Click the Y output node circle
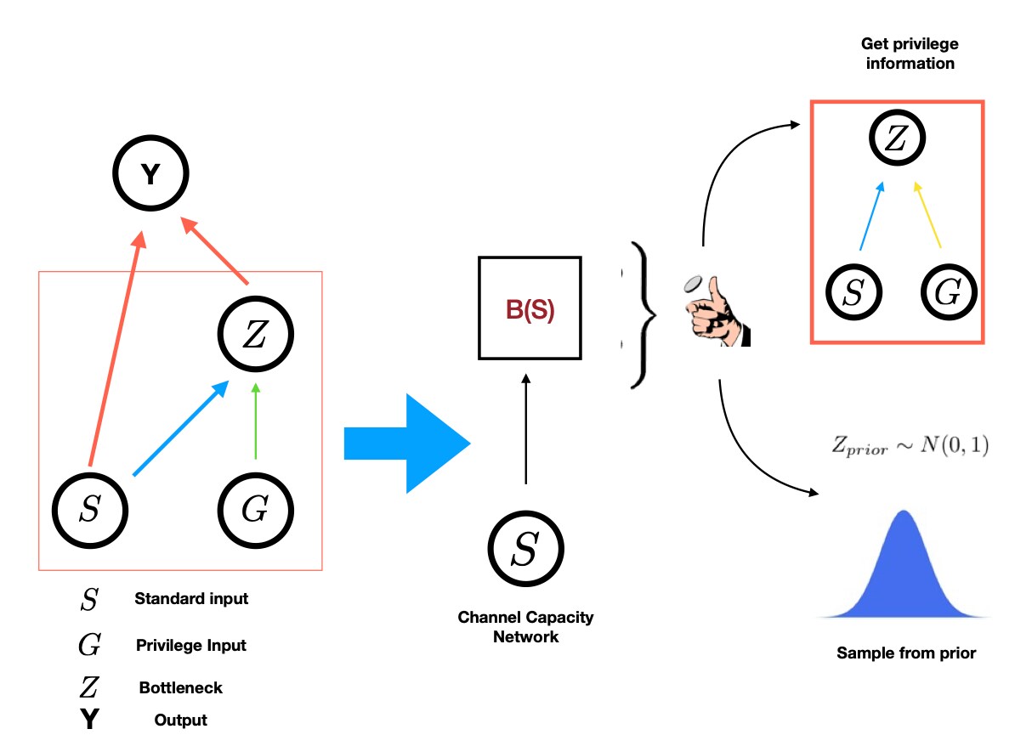coord(150,175)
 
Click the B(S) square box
coord(530,308)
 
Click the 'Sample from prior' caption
coord(906,653)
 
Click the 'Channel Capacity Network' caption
coord(525,626)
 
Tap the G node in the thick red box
coord(949,291)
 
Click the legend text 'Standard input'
coord(191,598)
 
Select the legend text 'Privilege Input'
coord(191,645)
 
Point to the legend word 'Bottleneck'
coord(181,687)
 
